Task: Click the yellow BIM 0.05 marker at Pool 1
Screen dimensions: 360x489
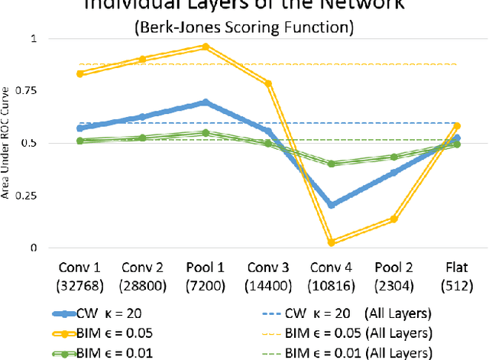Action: click(x=204, y=46)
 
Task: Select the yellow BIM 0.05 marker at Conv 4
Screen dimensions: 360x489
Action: click(x=332, y=242)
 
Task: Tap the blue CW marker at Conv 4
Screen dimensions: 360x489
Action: click(x=332, y=205)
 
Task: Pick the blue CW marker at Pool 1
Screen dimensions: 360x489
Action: click(x=204, y=102)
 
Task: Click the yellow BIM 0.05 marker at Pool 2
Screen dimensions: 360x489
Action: click(x=394, y=219)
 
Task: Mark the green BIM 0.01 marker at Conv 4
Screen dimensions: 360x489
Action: click(x=332, y=164)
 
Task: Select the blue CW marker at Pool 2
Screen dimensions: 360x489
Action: click(x=394, y=173)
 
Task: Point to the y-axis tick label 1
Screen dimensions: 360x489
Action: click(x=31, y=38)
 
